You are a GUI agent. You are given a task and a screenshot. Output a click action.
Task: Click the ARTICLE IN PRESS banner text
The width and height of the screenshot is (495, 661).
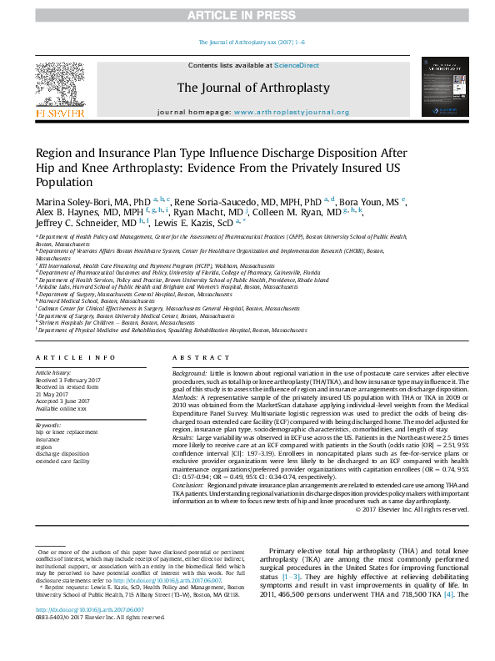tap(247, 15)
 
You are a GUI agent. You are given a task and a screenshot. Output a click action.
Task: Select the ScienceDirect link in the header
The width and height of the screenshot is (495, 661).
tap(297, 65)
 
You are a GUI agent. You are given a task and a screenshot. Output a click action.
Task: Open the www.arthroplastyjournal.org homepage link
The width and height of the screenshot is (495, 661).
tap(291, 112)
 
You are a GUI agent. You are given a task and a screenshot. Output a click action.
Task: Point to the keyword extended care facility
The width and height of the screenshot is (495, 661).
tap(62, 461)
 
